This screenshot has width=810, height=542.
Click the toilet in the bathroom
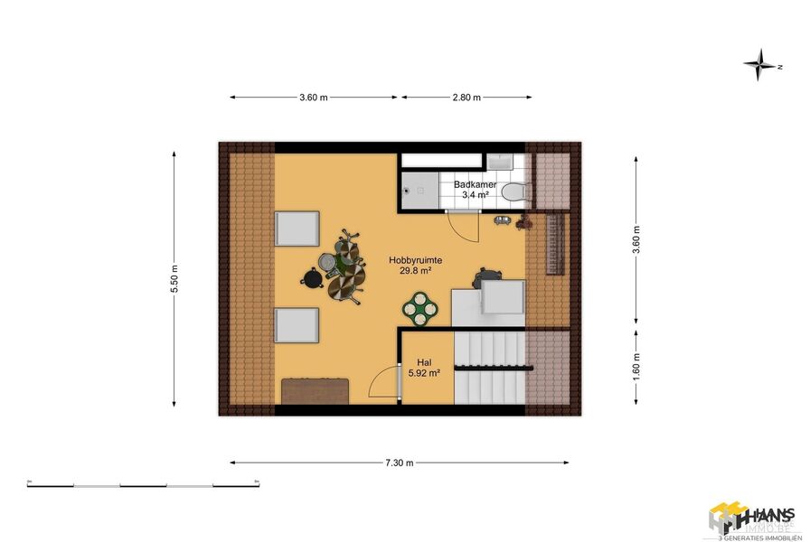pyautogui.click(x=514, y=192)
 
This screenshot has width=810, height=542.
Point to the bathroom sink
pyautogui.click(x=500, y=162)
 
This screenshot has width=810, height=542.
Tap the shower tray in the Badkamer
pyautogui.click(x=419, y=191)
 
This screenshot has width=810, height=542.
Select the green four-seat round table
pyautogui.click(x=420, y=307)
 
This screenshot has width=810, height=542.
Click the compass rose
pyautogui.click(x=762, y=65)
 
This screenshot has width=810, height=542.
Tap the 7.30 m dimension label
pyautogui.click(x=399, y=463)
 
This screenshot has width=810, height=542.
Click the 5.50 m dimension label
pyautogui.click(x=174, y=279)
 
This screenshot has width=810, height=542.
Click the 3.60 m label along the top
pyautogui.click(x=313, y=98)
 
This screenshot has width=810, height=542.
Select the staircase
pyautogui.click(x=488, y=368)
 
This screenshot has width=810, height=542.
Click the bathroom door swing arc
pyautogui.click(x=466, y=226)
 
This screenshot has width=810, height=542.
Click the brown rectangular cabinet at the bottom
pyautogui.click(x=315, y=391)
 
